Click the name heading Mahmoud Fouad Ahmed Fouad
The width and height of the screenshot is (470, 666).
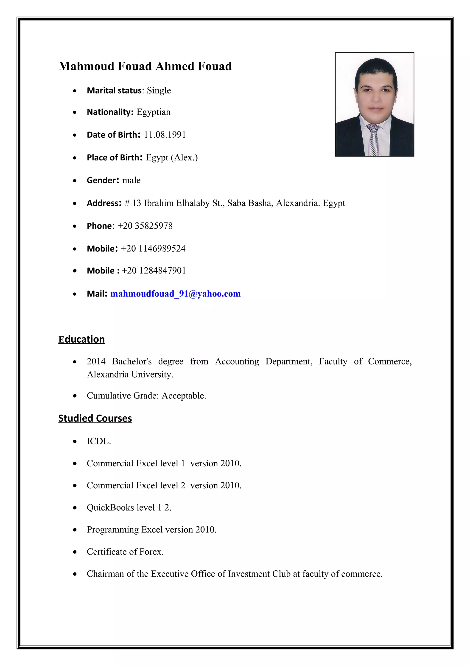(x=145, y=66)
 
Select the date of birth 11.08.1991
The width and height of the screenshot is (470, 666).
(x=165, y=135)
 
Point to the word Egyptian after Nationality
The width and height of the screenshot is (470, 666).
(x=154, y=112)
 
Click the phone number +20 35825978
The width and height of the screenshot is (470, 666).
(x=145, y=226)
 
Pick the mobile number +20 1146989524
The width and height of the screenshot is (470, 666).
(x=153, y=249)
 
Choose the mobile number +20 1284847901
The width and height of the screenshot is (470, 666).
(x=154, y=271)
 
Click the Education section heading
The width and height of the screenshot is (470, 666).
(x=81, y=339)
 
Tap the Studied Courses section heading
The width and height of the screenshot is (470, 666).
(x=95, y=418)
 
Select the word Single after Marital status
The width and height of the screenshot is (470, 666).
(x=159, y=91)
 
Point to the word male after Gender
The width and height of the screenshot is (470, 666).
(x=131, y=180)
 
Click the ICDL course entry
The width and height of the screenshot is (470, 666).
(x=98, y=441)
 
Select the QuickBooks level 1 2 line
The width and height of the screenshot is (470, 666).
(x=129, y=508)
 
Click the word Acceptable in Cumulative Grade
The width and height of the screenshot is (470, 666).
(x=183, y=396)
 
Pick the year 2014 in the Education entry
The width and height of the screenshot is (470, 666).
(x=96, y=361)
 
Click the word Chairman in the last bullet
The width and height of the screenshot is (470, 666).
(x=105, y=574)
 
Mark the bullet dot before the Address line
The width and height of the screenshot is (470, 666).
(x=75, y=204)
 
